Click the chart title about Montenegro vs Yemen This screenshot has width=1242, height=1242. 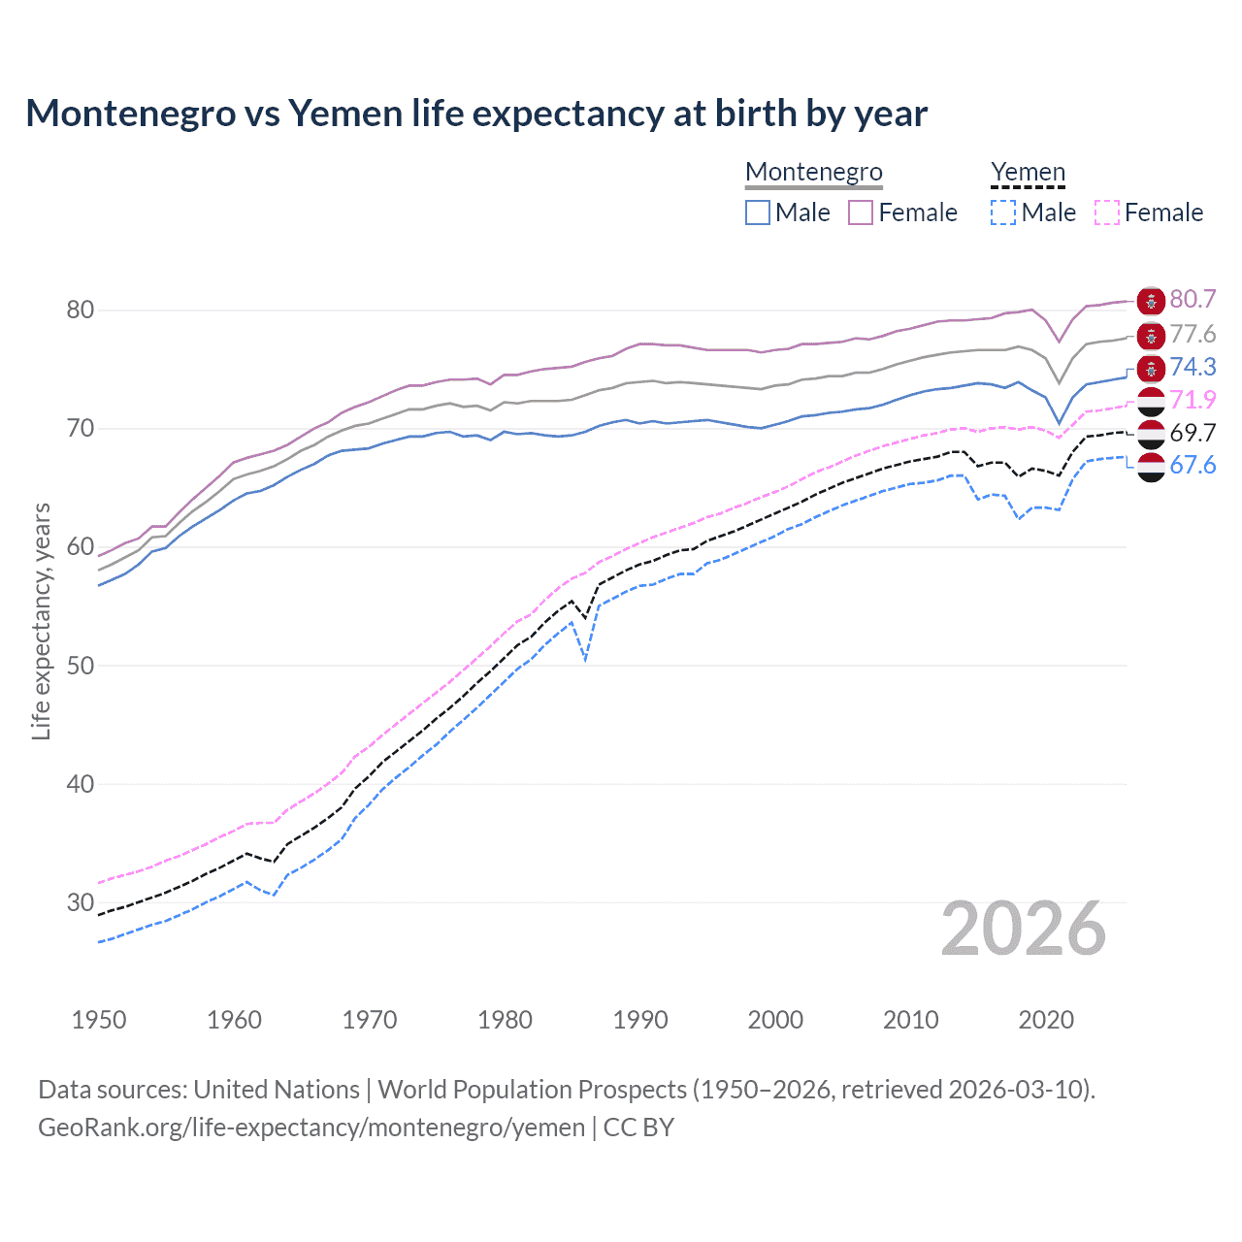point(476,114)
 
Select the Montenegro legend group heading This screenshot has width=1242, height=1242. point(813,172)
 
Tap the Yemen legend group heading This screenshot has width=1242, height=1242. point(1028,172)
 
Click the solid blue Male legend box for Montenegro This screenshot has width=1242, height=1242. point(758,212)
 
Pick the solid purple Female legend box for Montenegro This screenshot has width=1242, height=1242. point(861,212)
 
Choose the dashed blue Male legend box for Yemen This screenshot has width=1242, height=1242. point(1003,212)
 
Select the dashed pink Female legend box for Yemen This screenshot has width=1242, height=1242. point(1106,212)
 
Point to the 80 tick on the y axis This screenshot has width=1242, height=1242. point(80,310)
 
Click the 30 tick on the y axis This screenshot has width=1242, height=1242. point(80,902)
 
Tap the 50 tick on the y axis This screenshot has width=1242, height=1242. point(80,666)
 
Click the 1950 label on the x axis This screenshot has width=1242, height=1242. point(99,1020)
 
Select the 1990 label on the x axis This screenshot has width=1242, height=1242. point(640,1020)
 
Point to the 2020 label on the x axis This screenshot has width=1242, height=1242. point(1046,1020)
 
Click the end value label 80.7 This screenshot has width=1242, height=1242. point(1193,300)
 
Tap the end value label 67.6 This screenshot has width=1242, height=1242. point(1193,466)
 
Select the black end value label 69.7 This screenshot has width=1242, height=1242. point(1193,433)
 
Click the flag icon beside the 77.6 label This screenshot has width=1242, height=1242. point(1151,336)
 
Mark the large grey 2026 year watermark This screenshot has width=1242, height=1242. point(1023,929)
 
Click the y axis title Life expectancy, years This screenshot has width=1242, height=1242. point(41,621)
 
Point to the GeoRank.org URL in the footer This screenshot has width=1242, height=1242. point(311,1128)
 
